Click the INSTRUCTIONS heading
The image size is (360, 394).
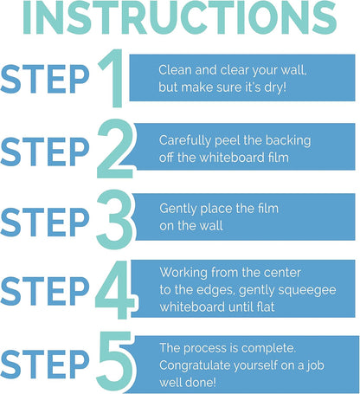[x=180, y=17]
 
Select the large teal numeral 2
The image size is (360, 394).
[x=115, y=148]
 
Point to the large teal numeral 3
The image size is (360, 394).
[x=114, y=219]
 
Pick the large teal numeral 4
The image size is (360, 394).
[x=115, y=289]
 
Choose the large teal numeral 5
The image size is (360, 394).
[x=115, y=361]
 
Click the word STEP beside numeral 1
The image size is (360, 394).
[x=45, y=79]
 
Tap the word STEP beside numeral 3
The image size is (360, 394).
[x=45, y=222]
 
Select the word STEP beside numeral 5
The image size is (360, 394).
[x=45, y=364]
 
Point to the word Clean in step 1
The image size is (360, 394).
[x=175, y=70]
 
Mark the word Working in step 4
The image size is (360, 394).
[x=183, y=273]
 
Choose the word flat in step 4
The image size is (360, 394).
[x=266, y=307]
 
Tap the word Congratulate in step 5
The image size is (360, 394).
[x=195, y=366]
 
